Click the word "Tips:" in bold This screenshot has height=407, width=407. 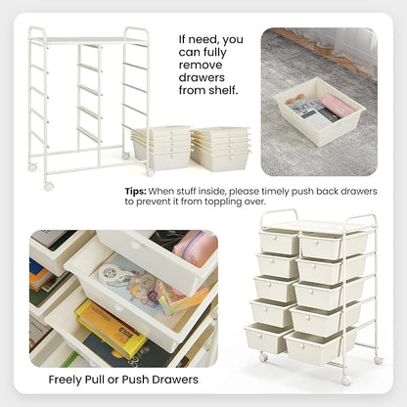tap(135, 191)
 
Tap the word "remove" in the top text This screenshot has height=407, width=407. tap(201, 65)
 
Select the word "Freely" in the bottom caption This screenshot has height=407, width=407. tap(65, 380)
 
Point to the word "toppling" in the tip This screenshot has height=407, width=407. tap(223, 202)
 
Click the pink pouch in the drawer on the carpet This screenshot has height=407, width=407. tap(337, 105)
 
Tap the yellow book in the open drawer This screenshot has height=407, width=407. tap(111, 329)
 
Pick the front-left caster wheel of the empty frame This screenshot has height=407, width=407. tap(49, 186)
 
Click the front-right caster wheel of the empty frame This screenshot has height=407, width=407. tap(150, 172)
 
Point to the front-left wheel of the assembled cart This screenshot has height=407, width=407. tap(263, 357)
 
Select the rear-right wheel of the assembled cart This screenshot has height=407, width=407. tap(379, 360)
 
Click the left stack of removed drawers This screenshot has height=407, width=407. tap(161, 148)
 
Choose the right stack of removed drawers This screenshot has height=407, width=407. tap(220, 149)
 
